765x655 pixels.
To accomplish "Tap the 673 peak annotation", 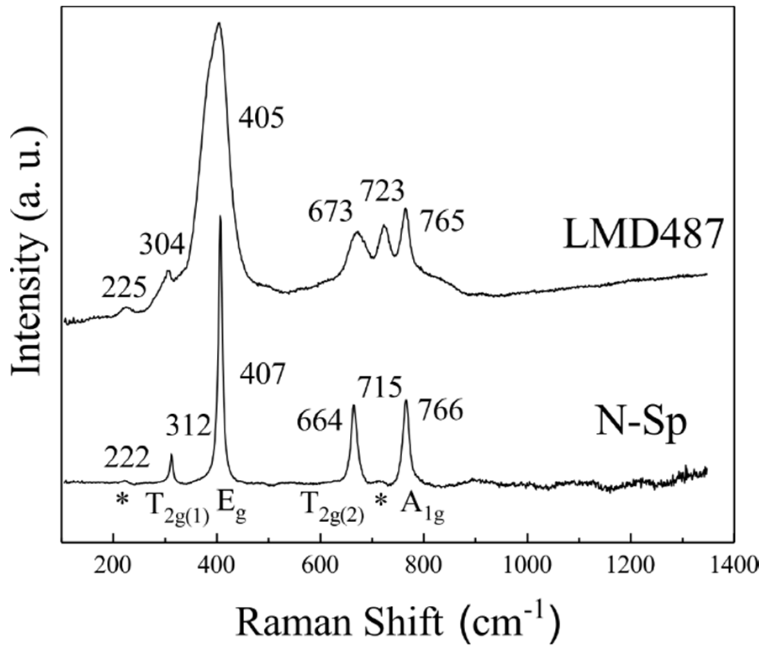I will pyautogui.click(x=330, y=213).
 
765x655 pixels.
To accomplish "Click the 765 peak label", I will pyautogui.click(x=443, y=222).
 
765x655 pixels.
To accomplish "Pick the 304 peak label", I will pyautogui.click(x=162, y=245).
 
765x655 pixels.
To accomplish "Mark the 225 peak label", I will pyautogui.click(x=124, y=288).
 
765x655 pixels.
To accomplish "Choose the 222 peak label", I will pyautogui.click(x=127, y=459).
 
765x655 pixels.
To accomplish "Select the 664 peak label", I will pyautogui.click(x=319, y=422).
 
